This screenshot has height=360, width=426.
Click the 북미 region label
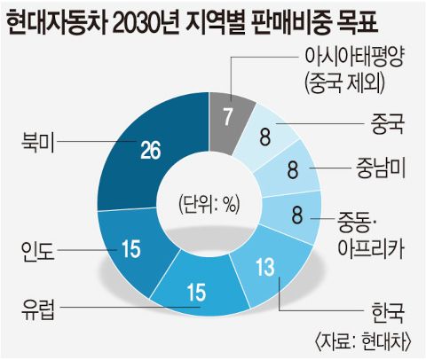[38, 141]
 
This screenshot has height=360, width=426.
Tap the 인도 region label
[38, 250]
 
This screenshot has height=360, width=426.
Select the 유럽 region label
[38, 308]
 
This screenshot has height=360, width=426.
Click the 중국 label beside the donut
[388, 124]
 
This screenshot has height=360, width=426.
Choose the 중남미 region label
[381, 168]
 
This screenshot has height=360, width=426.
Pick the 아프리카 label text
[371, 247]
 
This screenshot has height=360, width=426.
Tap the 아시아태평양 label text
[354, 58]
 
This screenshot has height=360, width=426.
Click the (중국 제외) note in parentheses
[344, 83]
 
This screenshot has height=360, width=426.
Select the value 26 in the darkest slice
[151, 150]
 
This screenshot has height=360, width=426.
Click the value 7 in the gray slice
[227, 117]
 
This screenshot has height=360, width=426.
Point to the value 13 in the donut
[265, 267]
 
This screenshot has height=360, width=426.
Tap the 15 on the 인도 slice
[131, 248]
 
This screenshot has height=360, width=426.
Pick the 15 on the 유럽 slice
[196, 292]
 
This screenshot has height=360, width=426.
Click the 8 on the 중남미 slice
[293, 169]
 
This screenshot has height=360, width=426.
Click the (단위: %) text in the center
[209, 205]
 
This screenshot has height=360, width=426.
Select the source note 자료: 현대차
[362, 342]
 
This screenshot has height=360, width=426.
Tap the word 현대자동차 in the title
[56, 21]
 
